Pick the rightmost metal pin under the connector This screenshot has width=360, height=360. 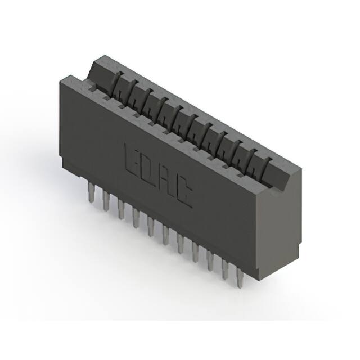[240, 278]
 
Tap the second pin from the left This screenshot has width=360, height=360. [106, 200]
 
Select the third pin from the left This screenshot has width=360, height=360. [121, 209]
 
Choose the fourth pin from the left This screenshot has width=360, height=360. [136, 218]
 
